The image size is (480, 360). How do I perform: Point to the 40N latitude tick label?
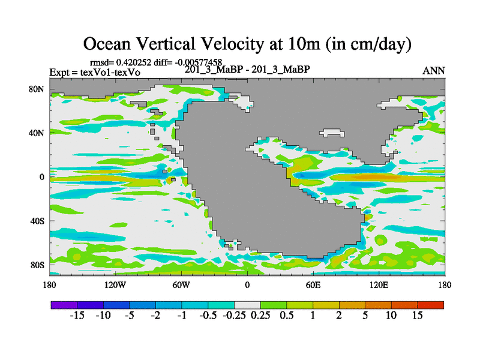[37, 133]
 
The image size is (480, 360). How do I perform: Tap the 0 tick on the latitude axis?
[43, 177]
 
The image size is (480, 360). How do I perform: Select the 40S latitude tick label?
[37, 221]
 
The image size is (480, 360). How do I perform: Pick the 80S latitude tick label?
[37, 265]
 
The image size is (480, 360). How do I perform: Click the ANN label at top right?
[434, 71]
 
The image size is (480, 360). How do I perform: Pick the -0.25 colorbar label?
[234, 316]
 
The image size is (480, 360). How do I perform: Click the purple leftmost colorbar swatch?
[64, 305]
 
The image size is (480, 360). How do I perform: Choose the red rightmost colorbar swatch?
[431, 305]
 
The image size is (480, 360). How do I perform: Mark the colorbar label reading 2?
[340, 316]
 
